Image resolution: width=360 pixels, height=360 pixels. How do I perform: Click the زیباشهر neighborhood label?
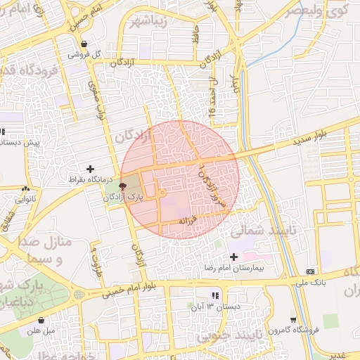147,19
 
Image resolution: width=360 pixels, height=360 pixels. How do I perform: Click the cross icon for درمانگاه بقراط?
89,169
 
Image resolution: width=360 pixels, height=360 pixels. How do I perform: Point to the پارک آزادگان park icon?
123,187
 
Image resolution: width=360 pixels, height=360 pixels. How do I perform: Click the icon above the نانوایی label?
26,188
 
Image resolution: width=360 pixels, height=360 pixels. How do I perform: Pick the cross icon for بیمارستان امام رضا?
233,257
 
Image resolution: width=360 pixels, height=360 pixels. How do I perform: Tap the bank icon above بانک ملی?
311,271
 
